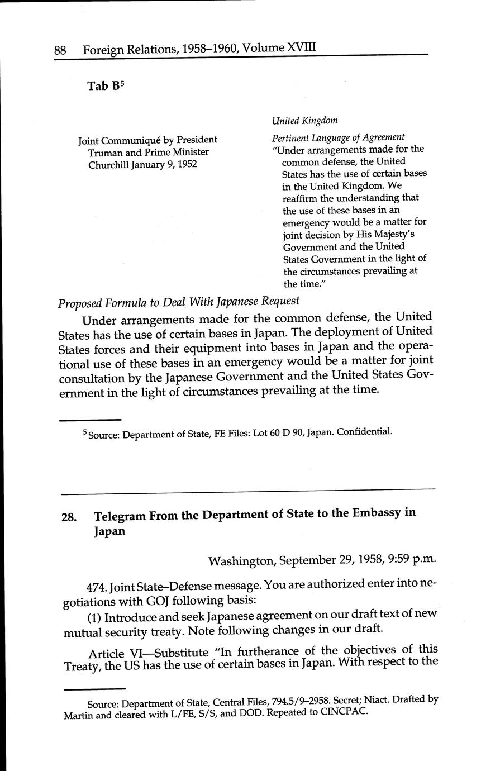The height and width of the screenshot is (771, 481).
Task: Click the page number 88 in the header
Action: point(60,50)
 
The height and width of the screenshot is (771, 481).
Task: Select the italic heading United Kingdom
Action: point(304,121)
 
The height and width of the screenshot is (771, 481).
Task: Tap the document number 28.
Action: point(69,517)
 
